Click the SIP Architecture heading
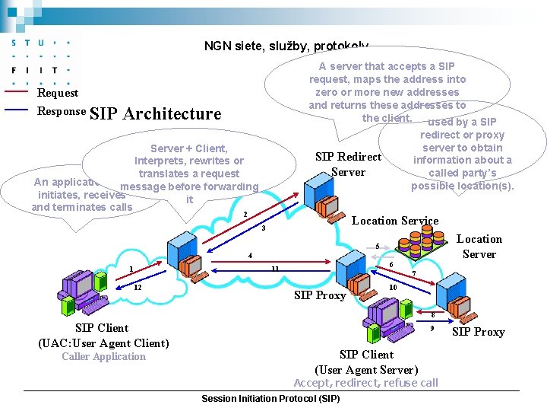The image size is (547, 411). [155, 114]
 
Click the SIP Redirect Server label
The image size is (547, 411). [348, 164]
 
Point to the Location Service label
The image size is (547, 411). [394, 221]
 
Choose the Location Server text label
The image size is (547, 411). [479, 247]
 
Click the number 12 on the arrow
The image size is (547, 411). [138, 288]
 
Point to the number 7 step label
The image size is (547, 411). [413, 274]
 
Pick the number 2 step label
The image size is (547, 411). [245, 214]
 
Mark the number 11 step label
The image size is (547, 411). [275, 269]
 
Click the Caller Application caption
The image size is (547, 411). [103, 356]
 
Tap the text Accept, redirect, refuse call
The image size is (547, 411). [365, 383]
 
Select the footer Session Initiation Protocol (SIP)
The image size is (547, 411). [270, 399]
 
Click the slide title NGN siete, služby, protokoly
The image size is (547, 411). [286, 46]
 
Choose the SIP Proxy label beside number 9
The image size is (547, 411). [478, 332]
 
